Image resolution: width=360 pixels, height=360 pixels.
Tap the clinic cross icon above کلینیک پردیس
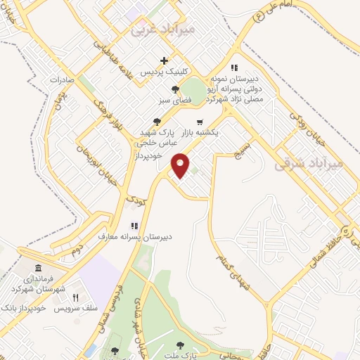(x=165, y=61)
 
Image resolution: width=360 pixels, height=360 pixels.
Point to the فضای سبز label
(x=174, y=101)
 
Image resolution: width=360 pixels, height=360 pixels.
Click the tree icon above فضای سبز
(x=174, y=89)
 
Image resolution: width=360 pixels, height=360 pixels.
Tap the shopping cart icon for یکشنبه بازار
(x=200, y=121)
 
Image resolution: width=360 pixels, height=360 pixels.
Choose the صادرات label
(x=62, y=79)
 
